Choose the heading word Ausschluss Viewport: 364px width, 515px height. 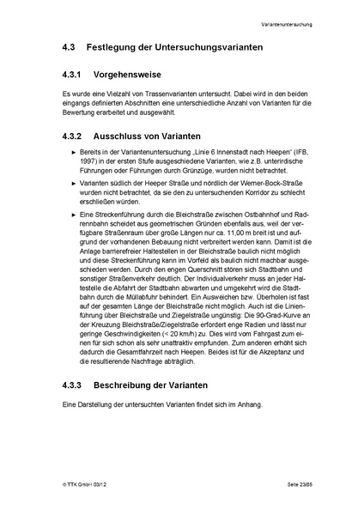click(124, 136)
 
